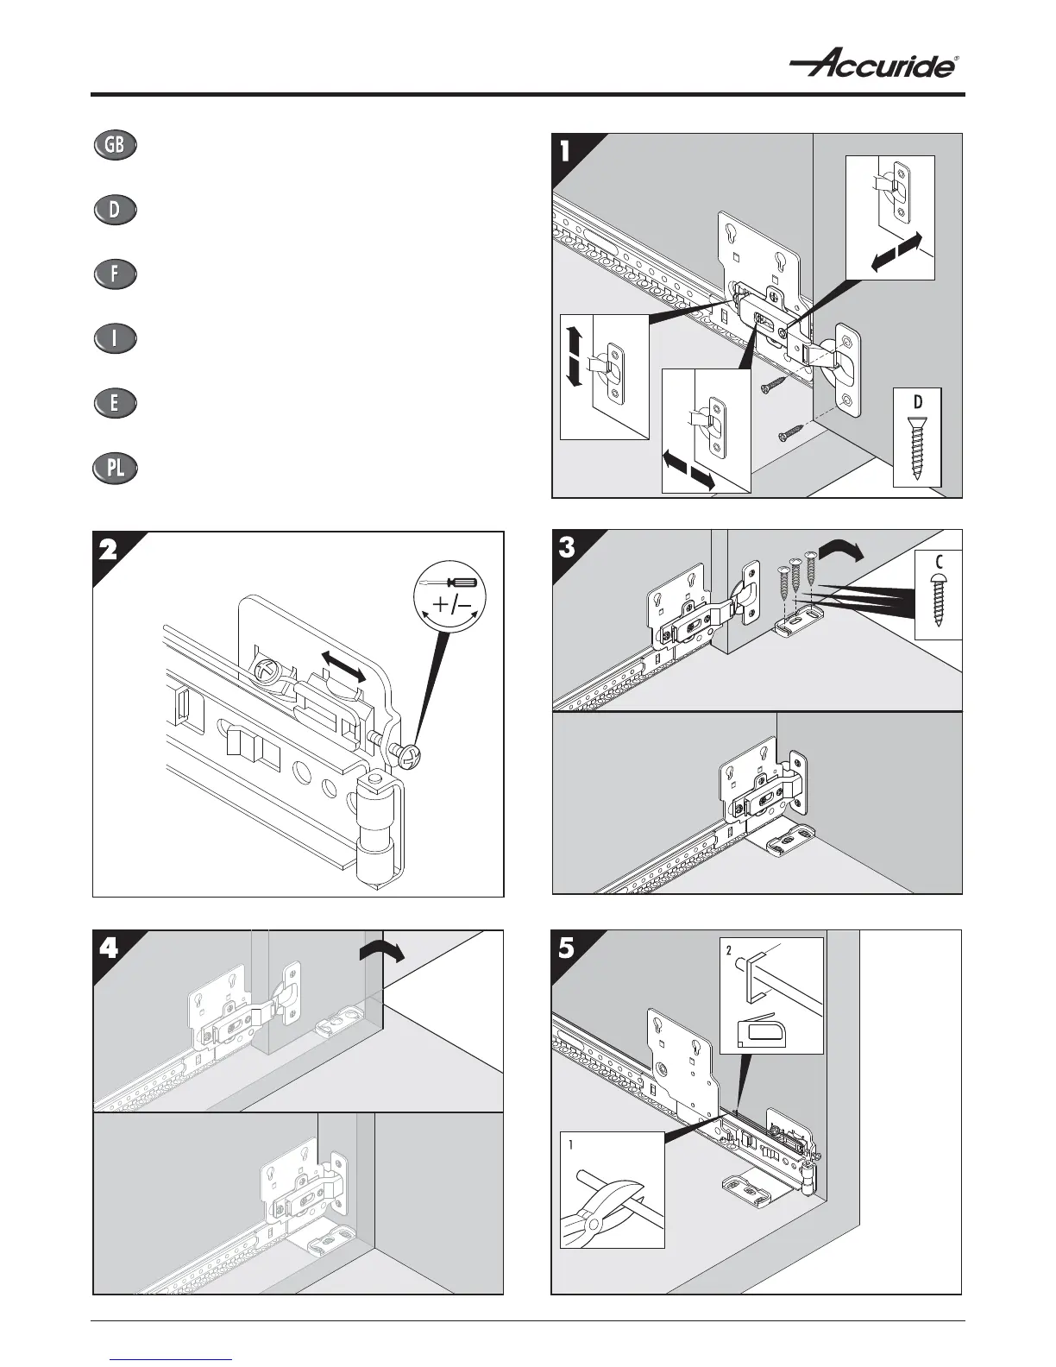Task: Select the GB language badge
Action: point(114,146)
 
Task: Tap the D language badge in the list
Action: point(114,210)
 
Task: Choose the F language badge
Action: point(114,274)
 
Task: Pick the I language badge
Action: point(114,338)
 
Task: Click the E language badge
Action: point(114,403)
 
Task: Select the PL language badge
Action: point(114,468)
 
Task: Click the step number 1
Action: point(565,152)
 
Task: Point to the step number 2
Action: point(107,551)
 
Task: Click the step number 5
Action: point(566,948)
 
